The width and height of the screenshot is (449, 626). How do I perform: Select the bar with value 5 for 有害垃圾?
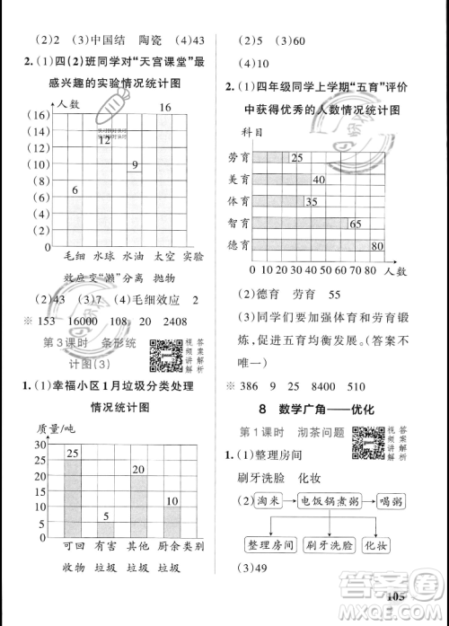(x=105, y=525)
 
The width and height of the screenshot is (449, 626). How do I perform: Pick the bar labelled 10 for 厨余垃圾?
(x=171, y=515)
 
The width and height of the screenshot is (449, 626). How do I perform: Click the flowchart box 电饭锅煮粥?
(x=322, y=501)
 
